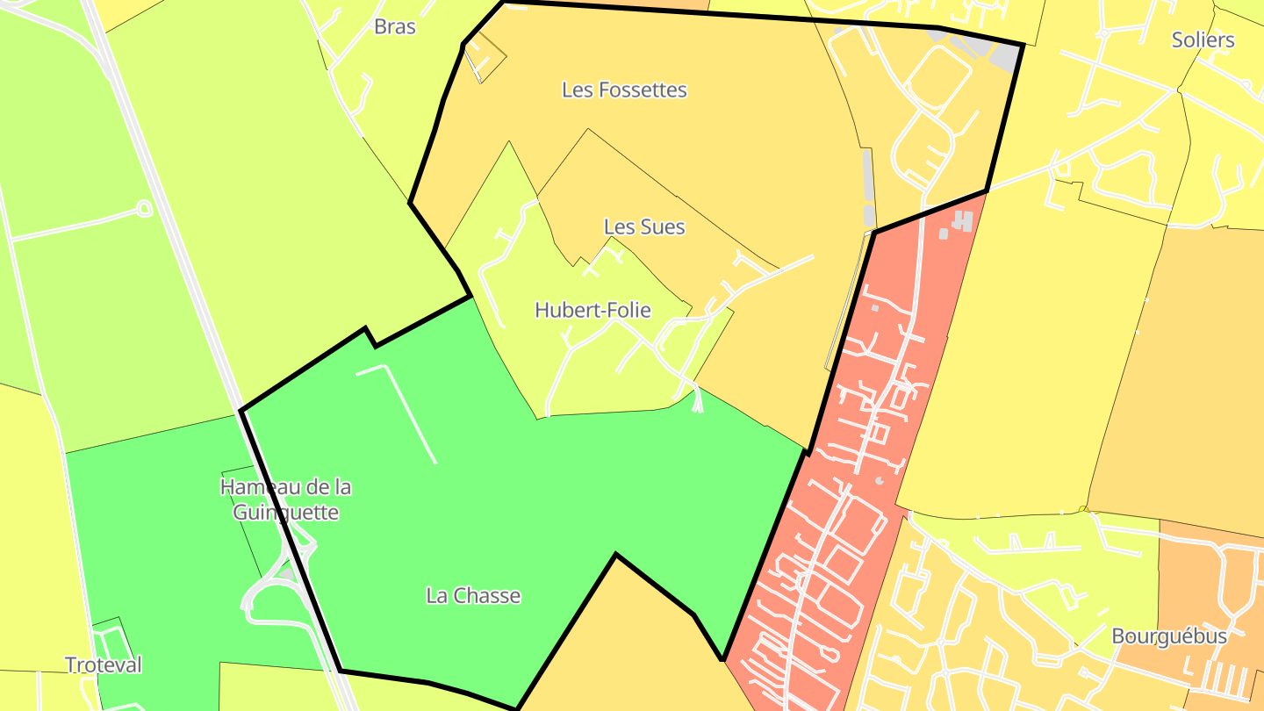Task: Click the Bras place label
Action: coord(395,26)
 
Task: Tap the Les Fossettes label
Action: coord(624,90)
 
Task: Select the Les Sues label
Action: coord(644,226)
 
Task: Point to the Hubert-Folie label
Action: coord(593,310)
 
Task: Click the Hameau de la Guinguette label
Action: coord(286,499)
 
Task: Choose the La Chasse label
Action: coord(473,595)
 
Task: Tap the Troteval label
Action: coord(104,664)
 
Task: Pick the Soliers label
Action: coord(1203,39)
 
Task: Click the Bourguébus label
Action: coord(1168,636)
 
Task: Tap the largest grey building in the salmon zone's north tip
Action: coord(964,220)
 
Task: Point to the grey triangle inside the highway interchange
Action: coord(287,575)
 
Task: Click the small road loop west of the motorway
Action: coord(144,208)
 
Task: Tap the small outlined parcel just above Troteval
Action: coord(110,636)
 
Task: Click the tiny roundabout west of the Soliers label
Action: coord(1062,168)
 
